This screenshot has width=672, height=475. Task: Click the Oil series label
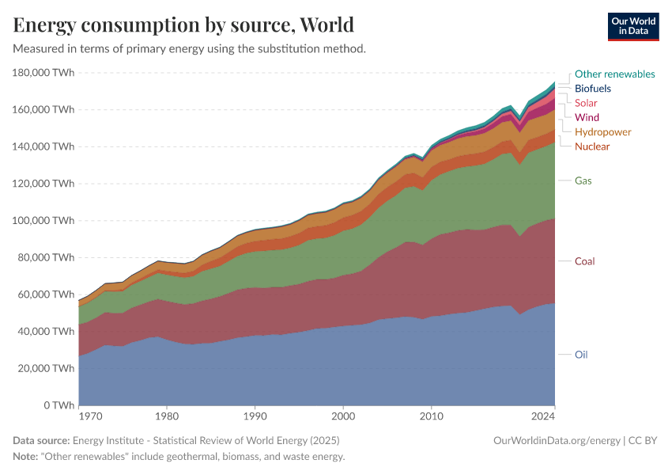point(581,355)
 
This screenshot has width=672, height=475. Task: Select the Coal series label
point(584,261)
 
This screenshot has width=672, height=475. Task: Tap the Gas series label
point(583,180)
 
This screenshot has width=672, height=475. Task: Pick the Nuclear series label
point(592,146)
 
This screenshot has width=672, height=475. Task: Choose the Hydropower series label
point(602,132)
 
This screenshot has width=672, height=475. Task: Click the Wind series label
point(587,117)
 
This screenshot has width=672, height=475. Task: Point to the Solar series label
point(586,103)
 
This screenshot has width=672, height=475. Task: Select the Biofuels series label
point(592,89)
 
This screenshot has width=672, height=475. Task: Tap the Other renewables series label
point(614,74)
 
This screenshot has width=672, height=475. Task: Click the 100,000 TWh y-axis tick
point(43,220)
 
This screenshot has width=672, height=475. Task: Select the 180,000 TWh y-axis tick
point(43,72)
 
